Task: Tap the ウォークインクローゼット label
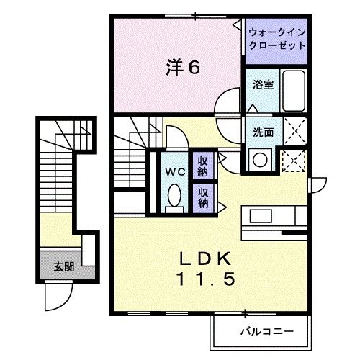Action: pos(276,38)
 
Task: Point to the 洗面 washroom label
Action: pos(262,132)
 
